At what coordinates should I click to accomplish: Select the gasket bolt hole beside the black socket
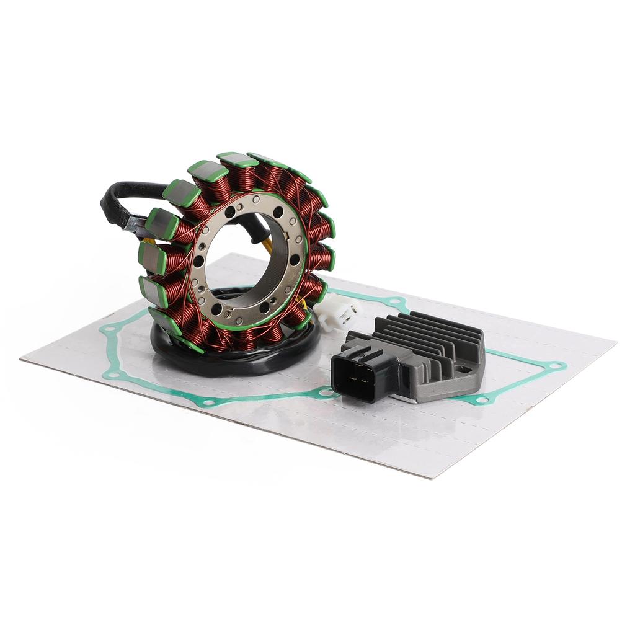pos(324,393)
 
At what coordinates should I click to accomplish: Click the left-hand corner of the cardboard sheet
pos(22,358)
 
